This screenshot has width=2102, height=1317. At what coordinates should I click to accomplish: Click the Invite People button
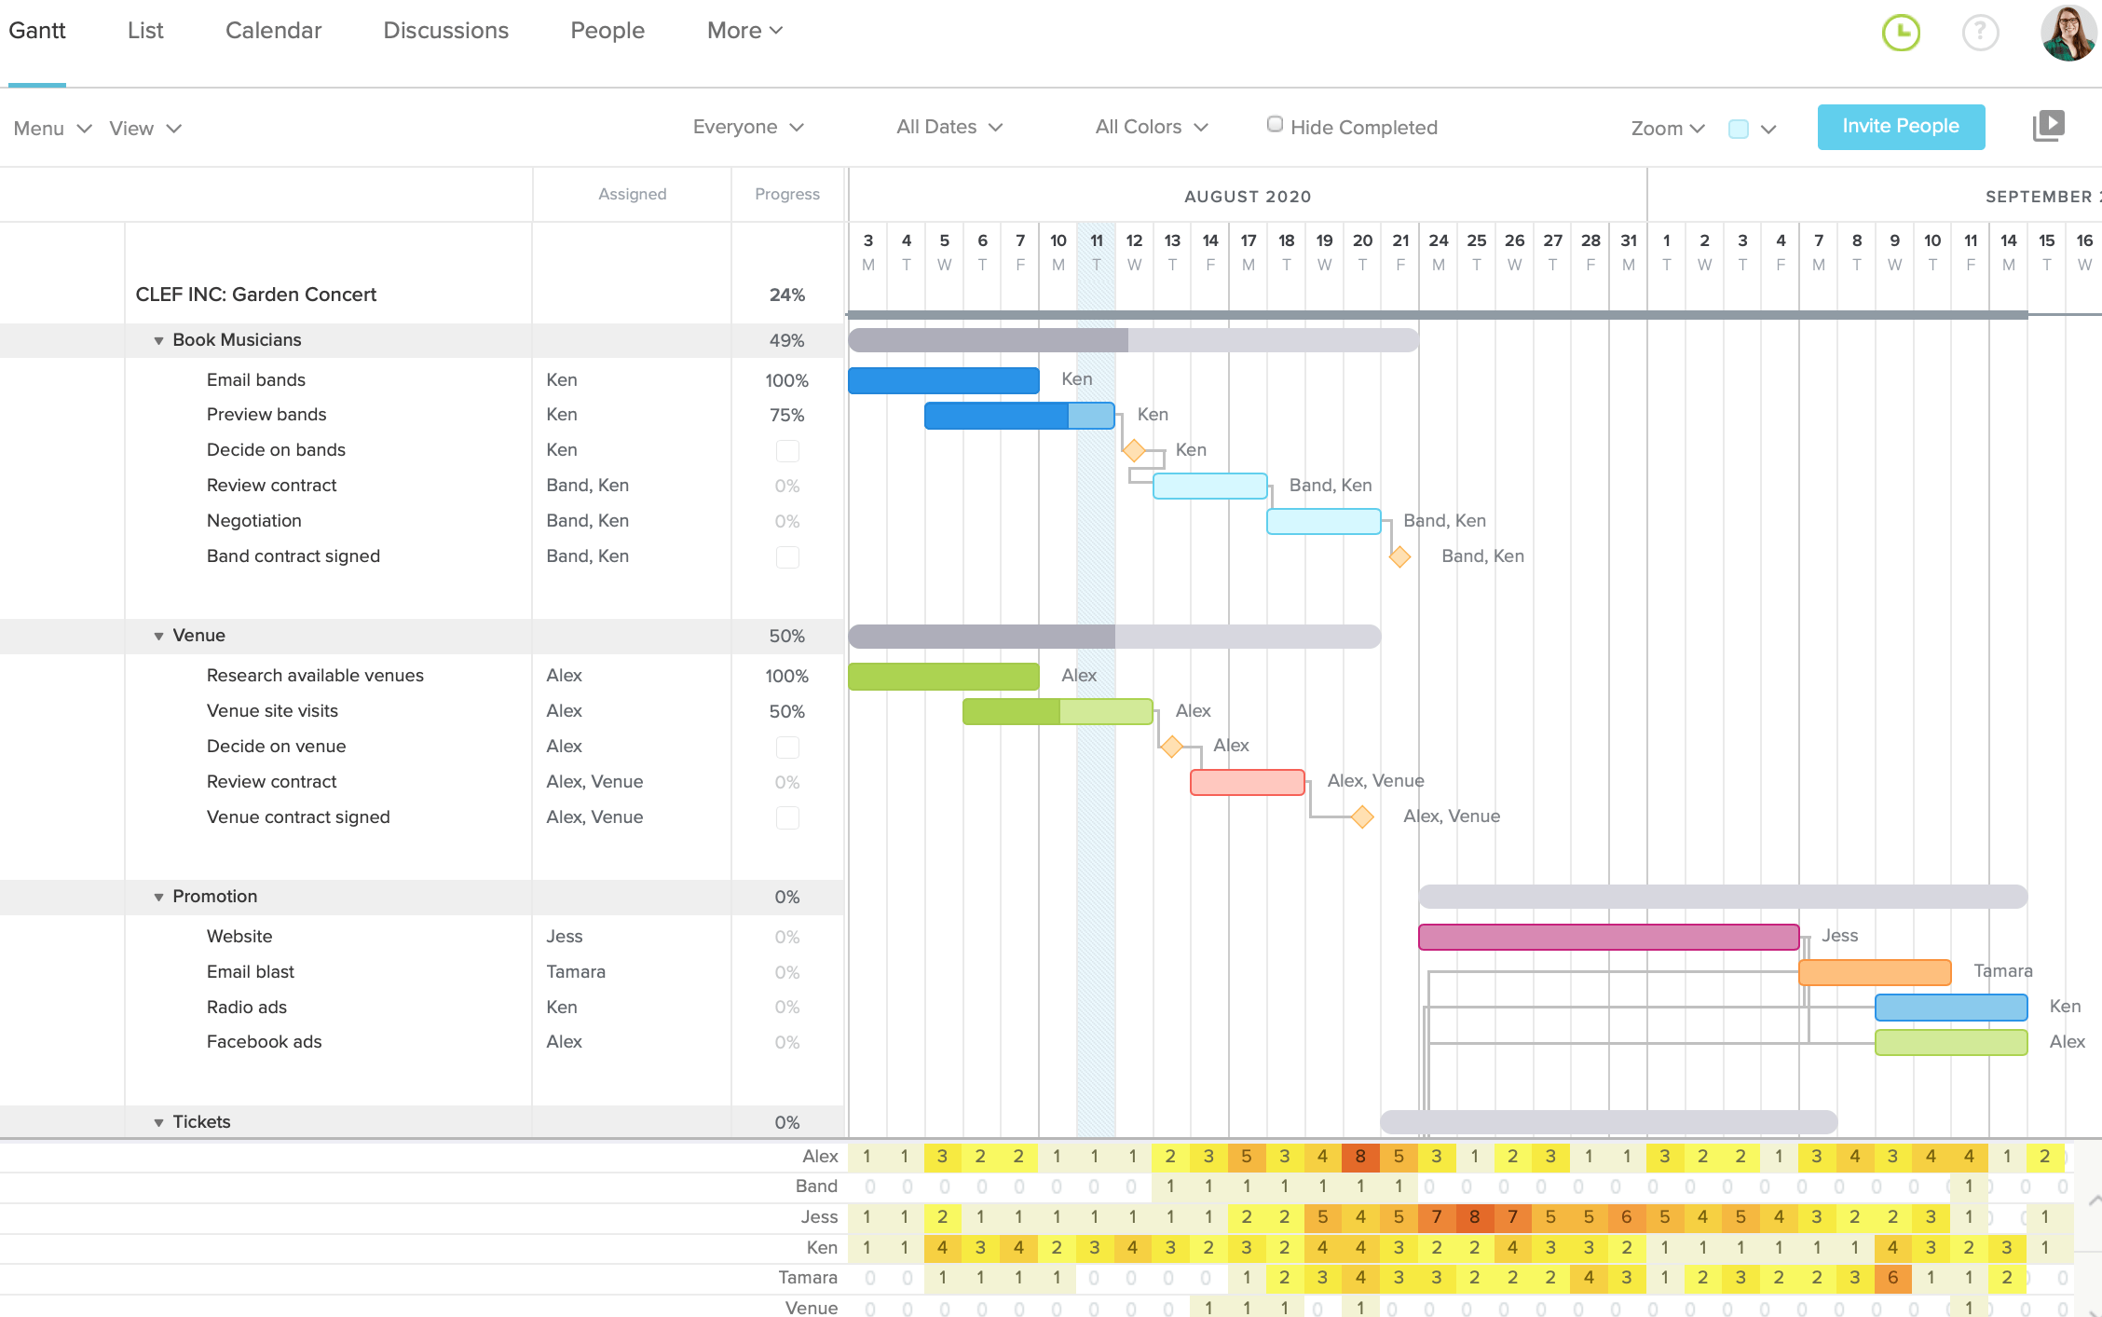point(1900,127)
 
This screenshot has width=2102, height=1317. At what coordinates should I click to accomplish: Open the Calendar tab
point(273,31)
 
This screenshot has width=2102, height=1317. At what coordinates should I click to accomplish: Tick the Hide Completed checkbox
point(1275,125)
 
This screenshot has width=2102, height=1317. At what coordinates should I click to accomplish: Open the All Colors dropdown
point(1151,127)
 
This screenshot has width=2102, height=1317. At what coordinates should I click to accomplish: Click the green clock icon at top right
point(1901,33)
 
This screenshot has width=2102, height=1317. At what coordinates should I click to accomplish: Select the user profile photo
point(2068,33)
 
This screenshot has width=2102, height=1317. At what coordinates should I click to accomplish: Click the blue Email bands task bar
point(943,380)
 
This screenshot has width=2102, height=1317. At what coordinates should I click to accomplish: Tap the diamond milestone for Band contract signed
point(1399,557)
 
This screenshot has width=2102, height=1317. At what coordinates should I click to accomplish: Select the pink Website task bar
point(1607,937)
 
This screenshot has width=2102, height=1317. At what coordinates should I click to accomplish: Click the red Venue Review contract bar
point(1247,782)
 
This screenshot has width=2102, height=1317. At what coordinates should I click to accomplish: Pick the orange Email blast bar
point(1874,972)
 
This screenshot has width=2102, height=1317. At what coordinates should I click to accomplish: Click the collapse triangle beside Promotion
point(158,897)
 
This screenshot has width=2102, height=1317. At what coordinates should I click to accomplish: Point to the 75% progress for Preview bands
point(786,415)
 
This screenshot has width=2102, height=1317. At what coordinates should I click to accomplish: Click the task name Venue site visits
point(272,711)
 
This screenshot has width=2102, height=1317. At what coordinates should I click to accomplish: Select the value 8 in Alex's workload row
point(1360,1157)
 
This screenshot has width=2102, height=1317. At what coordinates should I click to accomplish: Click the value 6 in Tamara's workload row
point(1892,1278)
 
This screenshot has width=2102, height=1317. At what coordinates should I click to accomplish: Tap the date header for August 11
point(1096,251)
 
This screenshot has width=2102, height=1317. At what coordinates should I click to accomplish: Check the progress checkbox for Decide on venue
point(787,748)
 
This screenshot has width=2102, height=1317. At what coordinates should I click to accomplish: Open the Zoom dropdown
point(1667,129)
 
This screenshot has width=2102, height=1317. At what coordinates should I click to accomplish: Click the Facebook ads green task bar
point(1950,1043)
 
